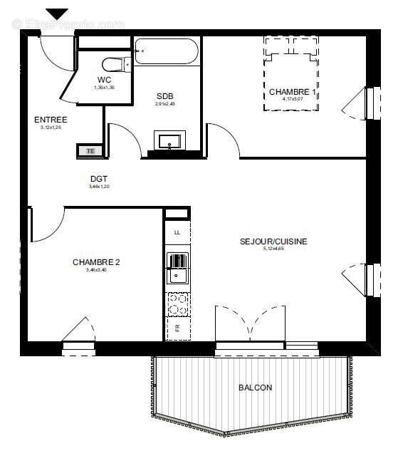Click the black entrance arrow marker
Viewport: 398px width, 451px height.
[x=57, y=14]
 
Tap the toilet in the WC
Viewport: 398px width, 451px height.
[x=115, y=63]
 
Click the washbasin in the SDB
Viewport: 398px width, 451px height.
[x=170, y=140]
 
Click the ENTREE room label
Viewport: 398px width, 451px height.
[x=51, y=120]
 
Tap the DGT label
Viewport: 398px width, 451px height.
[x=99, y=179]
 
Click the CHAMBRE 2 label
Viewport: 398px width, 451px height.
[x=96, y=262]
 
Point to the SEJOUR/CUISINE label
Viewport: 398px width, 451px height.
[x=273, y=242]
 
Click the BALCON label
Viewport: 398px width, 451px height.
[x=255, y=388]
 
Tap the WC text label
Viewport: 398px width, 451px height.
[x=104, y=80]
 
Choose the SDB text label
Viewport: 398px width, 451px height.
[x=165, y=95]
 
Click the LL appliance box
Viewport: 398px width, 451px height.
[x=177, y=232]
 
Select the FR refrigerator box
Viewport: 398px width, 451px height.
[x=177, y=328]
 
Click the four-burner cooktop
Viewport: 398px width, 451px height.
[x=177, y=304]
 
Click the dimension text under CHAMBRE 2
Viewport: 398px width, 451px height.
[x=96, y=270]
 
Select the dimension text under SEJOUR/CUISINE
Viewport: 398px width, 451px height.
[x=273, y=249]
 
